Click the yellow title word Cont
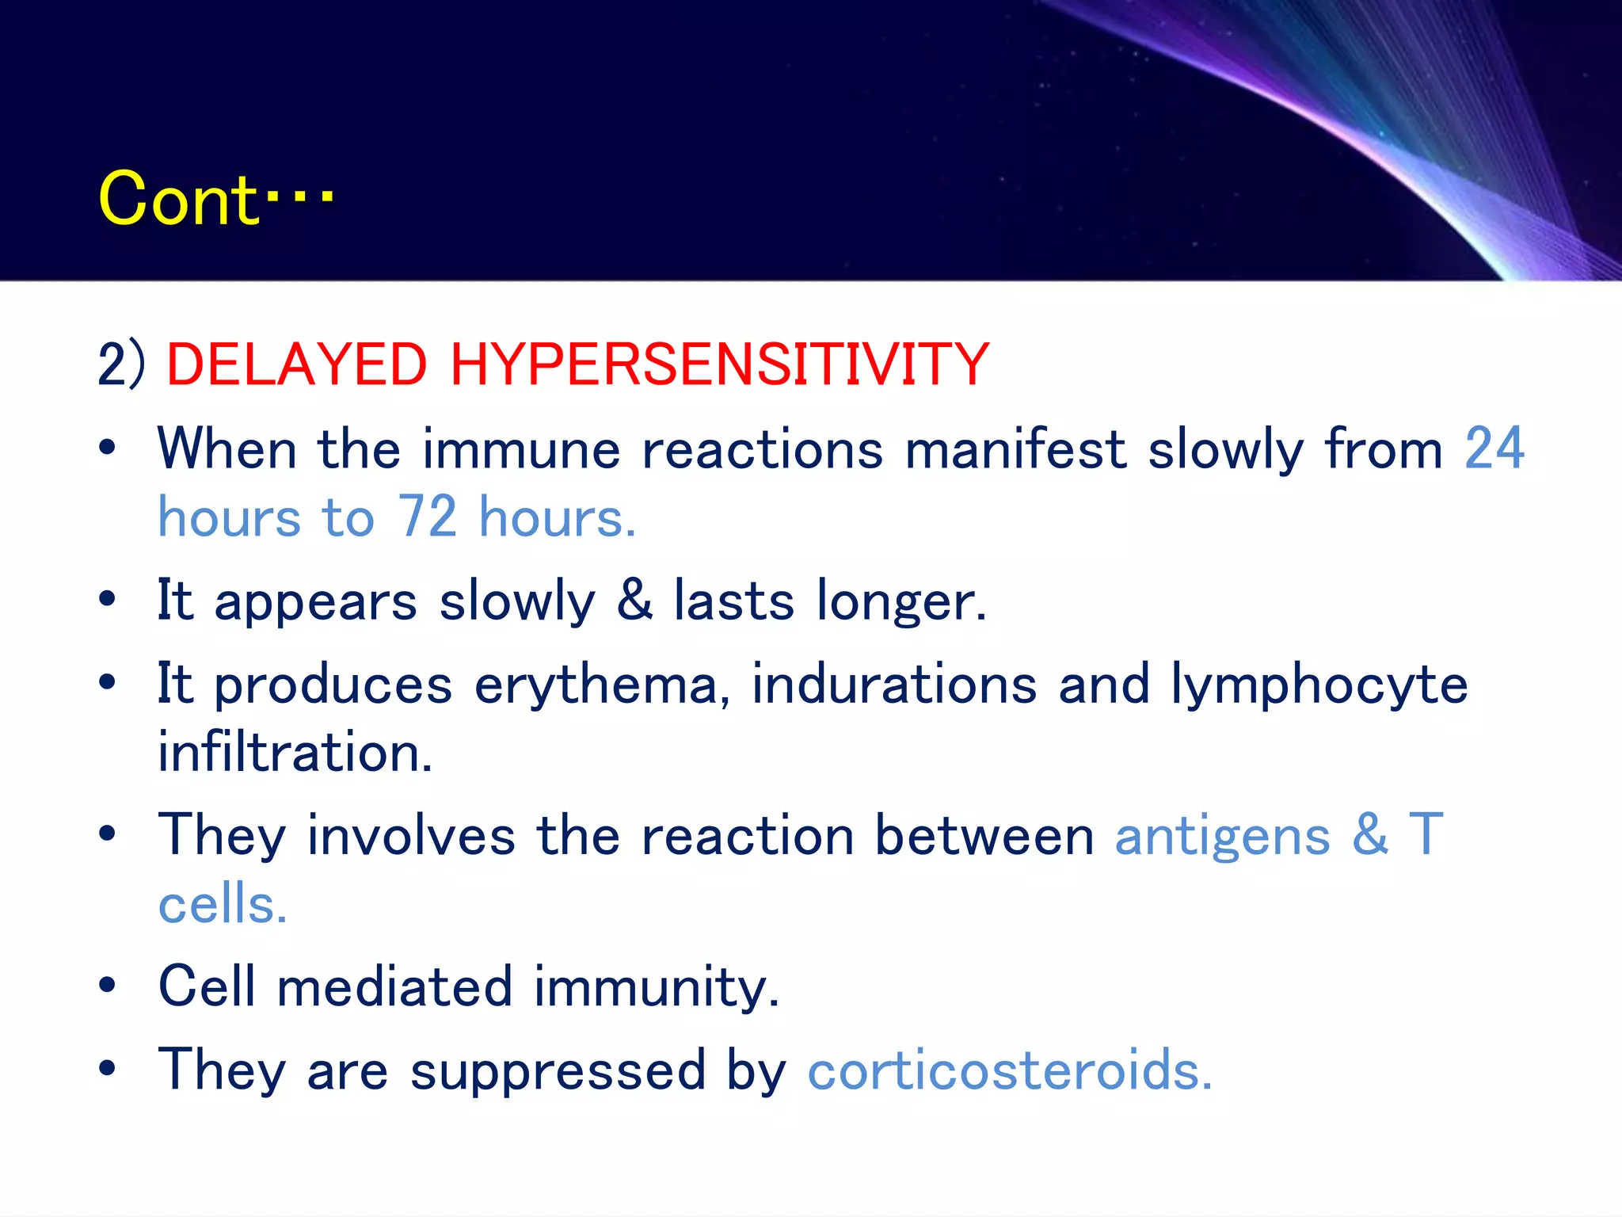coord(178,200)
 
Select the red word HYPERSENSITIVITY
coord(720,364)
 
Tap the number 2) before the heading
coord(121,364)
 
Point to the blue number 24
coord(1494,449)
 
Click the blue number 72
coord(427,517)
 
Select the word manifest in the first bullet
coord(1015,449)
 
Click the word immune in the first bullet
coord(521,449)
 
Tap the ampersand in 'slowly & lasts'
coord(634,600)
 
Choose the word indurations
coord(893,684)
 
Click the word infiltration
coord(295,753)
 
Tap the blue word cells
coord(222,905)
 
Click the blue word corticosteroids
coord(1009,1070)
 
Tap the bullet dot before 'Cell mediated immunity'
coord(107,985)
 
